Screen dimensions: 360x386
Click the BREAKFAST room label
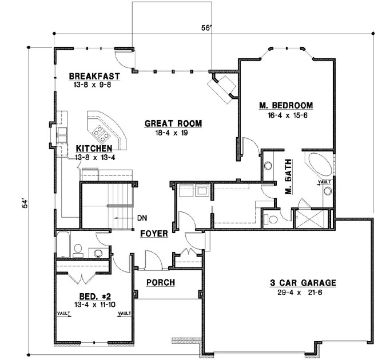(94, 76)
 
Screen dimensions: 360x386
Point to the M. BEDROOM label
(286, 105)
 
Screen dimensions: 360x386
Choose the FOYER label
(154, 233)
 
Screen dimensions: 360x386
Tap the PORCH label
(161, 282)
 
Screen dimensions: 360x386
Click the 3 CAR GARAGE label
(303, 283)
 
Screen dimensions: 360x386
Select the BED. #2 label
(94, 296)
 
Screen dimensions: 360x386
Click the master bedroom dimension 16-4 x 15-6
(286, 114)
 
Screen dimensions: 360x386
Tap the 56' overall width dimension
(207, 27)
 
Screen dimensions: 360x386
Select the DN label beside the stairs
(142, 218)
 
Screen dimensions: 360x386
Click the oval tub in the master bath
(316, 166)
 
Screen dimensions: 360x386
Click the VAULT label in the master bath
(324, 182)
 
